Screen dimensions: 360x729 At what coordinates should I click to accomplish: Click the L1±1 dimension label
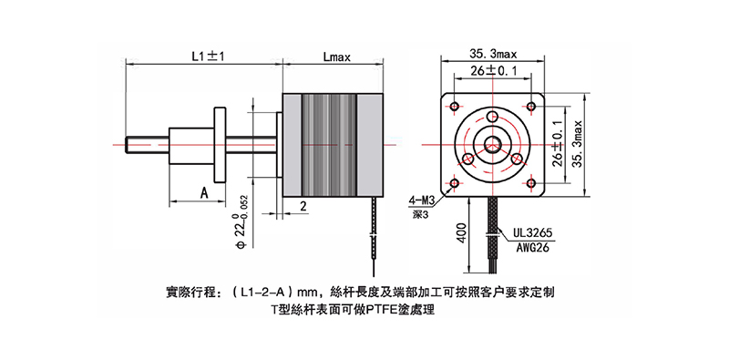208,56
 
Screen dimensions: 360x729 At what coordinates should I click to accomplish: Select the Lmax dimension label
338,56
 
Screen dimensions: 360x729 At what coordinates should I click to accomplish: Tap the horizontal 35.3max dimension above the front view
494,53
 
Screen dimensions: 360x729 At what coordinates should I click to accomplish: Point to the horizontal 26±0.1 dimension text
494,70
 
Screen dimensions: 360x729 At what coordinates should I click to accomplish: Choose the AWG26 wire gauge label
530,246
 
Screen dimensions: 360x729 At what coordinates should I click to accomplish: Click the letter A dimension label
204,193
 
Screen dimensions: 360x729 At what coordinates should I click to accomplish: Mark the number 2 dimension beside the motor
302,207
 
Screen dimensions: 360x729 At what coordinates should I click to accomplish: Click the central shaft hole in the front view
493,144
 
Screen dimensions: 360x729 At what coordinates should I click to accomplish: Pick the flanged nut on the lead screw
219,144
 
